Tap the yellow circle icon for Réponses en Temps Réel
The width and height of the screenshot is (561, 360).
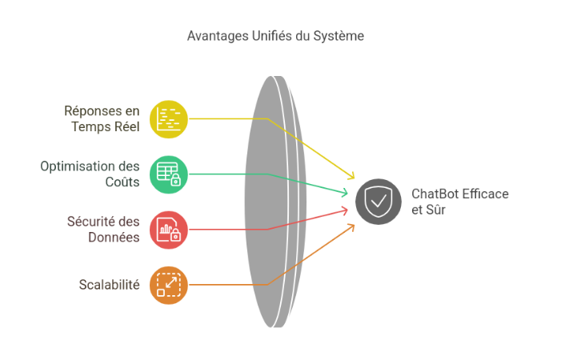pyautogui.click(x=168, y=118)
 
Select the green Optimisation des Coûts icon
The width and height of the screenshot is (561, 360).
pyautogui.click(x=168, y=174)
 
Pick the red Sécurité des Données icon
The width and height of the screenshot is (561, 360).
pyautogui.click(x=168, y=230)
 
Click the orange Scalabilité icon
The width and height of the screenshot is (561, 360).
pyautogui.click(x=168, y=284)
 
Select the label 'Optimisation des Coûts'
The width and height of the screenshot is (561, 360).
pyautogui.click(x=90, y=174)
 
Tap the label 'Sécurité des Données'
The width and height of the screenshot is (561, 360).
pyautogui.click(x=102, y=229)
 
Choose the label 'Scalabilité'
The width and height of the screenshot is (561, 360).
pyautogui.click(x=109, y=285)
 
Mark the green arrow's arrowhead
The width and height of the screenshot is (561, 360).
pyautogui.click(x=346, y=193)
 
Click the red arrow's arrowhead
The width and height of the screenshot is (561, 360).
pyautogui.click(x=346, y=210)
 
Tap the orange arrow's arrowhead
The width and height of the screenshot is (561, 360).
pyautogui.click(x=352, y=226)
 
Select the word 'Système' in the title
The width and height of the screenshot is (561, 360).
pyautogui.click(x=340, y=36)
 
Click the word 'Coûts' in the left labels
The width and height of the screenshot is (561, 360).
pyautogui.click(x=123, y=182)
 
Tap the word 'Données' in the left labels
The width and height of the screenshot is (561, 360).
pyautogui.click(x=114, y=237)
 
